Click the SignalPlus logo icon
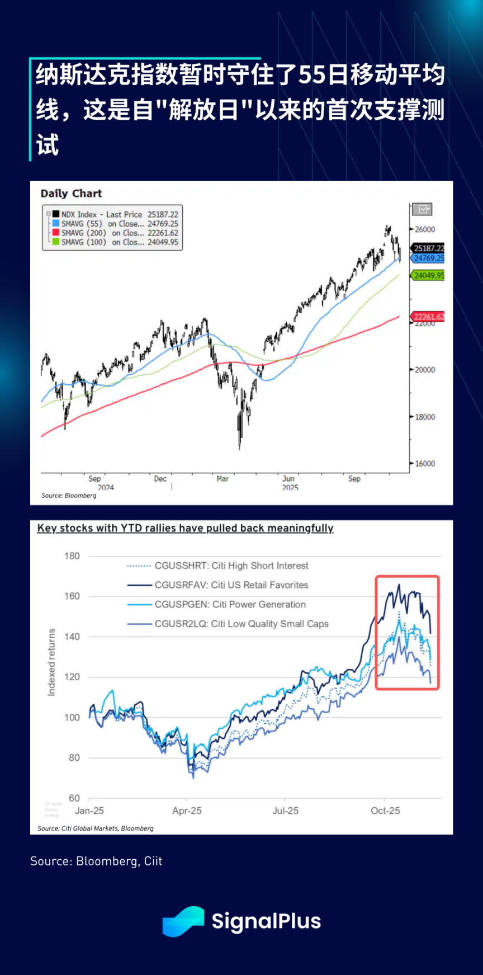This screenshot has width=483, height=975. click(183, 921)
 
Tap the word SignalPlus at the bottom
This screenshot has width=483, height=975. click(266, 921)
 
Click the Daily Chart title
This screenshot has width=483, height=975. click(71, 194)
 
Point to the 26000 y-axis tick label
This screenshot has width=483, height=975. click(425, 229)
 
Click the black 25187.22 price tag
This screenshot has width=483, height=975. click(429, 248)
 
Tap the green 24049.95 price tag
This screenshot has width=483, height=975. click(429, 275)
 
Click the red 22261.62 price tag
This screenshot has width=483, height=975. click(429, 317)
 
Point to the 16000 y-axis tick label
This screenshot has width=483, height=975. click(425, 463)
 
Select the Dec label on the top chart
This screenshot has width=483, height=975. click(160, 479)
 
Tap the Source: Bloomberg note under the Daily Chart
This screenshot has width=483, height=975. click(69, 496)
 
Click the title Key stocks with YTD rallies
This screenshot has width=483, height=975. click(185, 528)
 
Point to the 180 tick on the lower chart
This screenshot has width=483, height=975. click(72, 556)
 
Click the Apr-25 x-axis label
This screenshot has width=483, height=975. click(187, 811)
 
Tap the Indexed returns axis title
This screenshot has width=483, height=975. click(52, 662)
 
